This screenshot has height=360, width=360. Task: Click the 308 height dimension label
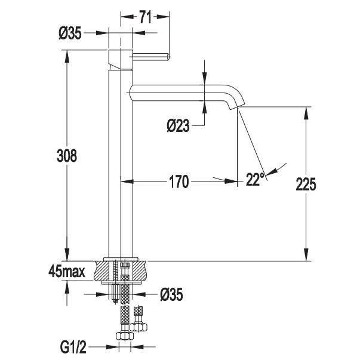[67, 156]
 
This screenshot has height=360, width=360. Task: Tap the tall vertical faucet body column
[115, 161]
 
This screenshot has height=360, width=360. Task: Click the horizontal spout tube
[179, 93]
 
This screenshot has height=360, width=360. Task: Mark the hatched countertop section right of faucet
[137, 270]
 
